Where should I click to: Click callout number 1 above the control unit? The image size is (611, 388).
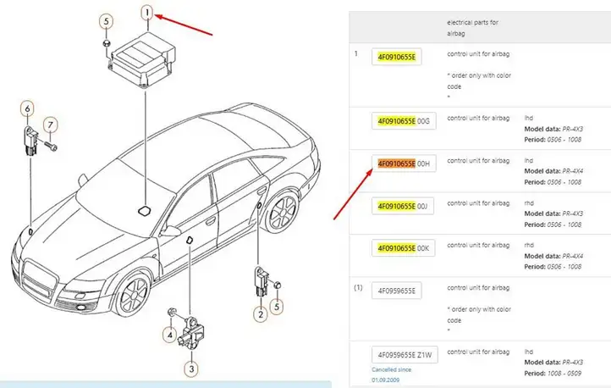(147, 13)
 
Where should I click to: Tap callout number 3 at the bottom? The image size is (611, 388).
(191, 369)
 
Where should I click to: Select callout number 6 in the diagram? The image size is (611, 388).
(27, 108)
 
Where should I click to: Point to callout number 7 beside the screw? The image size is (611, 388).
(50, 125)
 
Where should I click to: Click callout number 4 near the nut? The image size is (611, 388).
(169, 335)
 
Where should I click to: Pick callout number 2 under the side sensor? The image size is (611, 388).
(261, 314)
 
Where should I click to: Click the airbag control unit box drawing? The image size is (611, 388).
(142, 58)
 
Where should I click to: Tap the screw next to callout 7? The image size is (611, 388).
(51, 147)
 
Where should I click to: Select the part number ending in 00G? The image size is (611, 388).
(404, 121)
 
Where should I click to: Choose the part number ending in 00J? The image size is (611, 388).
(403, 206)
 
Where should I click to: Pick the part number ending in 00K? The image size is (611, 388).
(404, 248)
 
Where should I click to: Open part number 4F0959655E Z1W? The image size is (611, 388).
(405, 355)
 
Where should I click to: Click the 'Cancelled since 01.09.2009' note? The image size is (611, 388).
(391, 374)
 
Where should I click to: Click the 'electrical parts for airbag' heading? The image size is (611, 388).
(472, 28)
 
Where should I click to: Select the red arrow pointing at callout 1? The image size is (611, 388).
(184, 25)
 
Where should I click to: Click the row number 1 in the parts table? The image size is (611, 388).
(355, 54)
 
